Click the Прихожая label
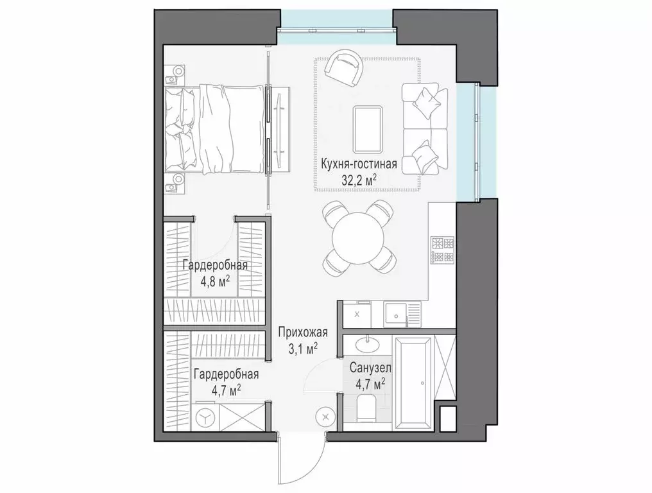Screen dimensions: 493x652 [x=303, y=333]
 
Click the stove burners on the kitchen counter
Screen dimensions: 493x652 [x=442, y=250]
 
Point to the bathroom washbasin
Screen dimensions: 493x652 [x=368, y=343]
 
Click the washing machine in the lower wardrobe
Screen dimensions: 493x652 [x=205, y=417]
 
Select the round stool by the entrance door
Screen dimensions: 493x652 [x=327, y=416]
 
